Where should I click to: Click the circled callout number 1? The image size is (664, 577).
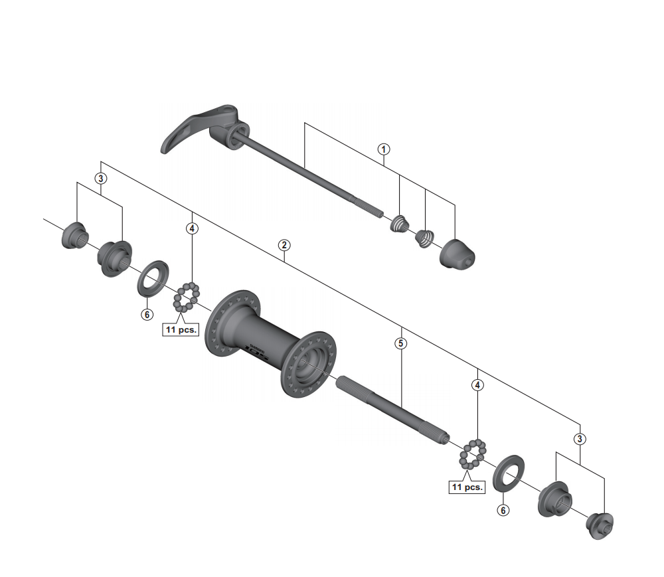(x=384, y=149)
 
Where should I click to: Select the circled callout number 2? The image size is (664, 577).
(x=284, y=245)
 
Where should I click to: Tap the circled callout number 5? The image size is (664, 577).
(x=400, y=343)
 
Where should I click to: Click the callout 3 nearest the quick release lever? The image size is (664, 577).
(x=100, y=178)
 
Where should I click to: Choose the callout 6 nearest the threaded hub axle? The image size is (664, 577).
(x=503, y=510)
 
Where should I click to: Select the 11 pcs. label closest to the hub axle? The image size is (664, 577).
(x=467, y=487)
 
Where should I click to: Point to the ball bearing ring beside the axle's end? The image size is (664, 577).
(x=471, y=454)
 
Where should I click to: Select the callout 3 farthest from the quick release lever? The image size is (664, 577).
(x=580, y=439)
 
